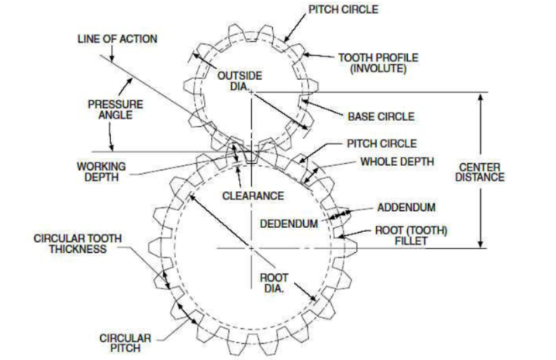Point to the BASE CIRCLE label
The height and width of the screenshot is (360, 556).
click(x=380, y=116)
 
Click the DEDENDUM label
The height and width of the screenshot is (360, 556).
click(x=288, y=223)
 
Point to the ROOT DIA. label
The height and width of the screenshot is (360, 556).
click(x=275, y=282)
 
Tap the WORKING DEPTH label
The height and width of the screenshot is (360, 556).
click(x=102, y=171)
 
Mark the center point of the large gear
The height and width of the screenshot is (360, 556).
click(x=251, y=248)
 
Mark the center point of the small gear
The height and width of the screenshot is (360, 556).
click(x=251, y=92)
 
